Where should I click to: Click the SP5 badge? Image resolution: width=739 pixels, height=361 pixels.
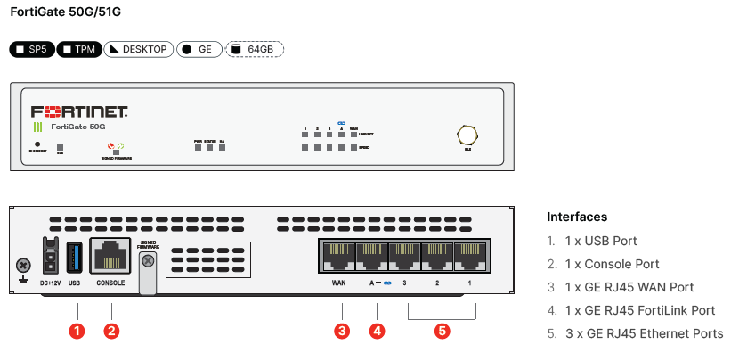(x=31, y=49)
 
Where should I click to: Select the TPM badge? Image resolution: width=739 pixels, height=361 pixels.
(x=79, y=49)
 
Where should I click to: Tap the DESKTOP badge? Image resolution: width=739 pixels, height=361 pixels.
(x=137, y=49)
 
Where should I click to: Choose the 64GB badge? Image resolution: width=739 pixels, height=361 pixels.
(x=255, y=49)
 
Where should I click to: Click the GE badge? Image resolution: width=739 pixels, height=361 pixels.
(x=199, y=49)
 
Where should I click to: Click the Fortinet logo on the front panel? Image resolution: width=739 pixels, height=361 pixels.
(x=79, y=112)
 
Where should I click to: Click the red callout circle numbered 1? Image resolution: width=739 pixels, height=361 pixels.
(x=77, y=331)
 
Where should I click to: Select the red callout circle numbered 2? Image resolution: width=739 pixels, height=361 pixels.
(x=111, y=331)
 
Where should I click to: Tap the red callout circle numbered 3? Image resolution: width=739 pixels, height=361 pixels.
(x=342, y=331)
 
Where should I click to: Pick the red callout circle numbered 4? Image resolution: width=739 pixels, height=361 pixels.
(x=378, y=331)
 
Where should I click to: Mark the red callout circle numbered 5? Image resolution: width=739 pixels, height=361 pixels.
(x=443, y=331)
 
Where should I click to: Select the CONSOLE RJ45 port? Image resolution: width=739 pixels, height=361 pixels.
(x=110, y=256)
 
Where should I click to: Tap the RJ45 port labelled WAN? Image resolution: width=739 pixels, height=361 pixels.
(x=337, y=255)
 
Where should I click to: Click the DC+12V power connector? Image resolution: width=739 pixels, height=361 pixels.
(x=51, y=257)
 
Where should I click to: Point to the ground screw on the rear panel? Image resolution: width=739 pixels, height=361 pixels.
(x=23, y=265)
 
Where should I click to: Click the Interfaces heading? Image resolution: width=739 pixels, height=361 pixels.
(x=577, y=217)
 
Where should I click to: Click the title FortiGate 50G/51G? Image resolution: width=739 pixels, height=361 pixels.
(x=59, y=12)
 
